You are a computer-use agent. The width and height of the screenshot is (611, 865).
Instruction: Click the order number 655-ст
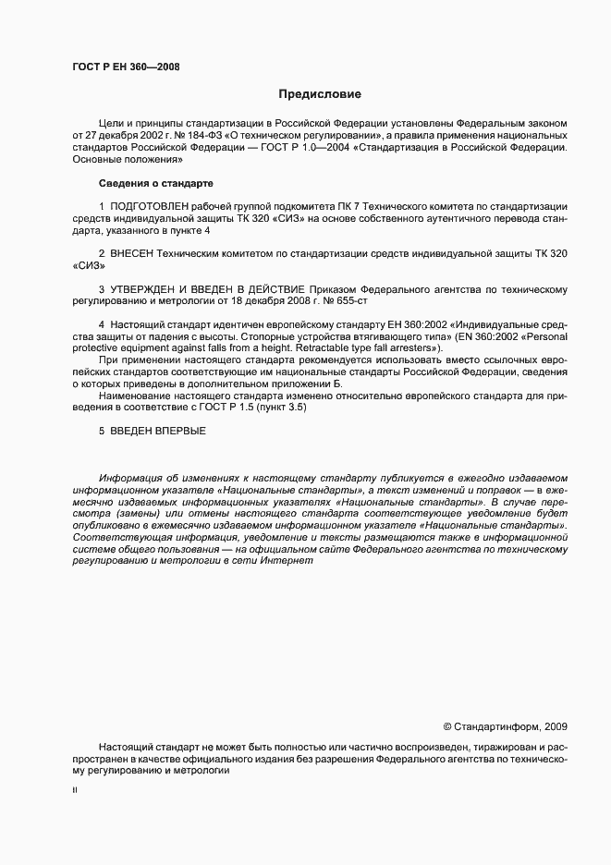(x=357, y=301)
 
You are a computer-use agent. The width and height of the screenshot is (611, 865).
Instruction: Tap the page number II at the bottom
(x=75, y=792)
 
